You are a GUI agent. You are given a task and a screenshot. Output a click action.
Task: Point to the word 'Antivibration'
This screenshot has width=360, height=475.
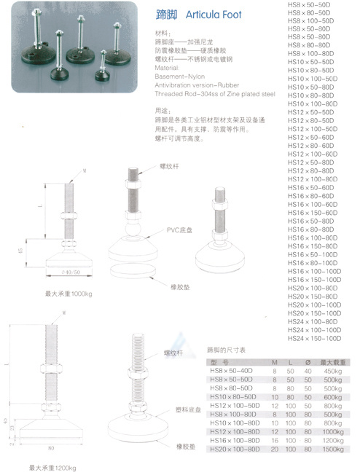point(173,84)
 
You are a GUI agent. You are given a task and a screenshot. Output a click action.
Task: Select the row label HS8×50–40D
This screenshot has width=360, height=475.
point(232,370)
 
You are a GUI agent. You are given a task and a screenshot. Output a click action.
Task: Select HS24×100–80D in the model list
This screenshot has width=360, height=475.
point(312,320)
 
